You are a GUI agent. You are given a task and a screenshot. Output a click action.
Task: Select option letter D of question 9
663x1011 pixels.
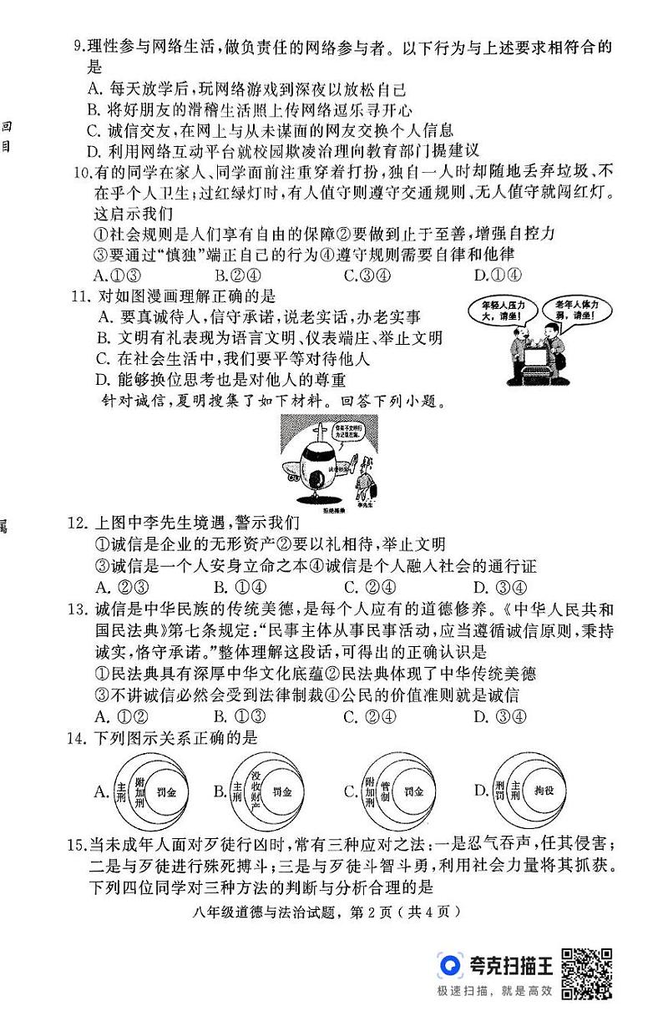click(93, 150)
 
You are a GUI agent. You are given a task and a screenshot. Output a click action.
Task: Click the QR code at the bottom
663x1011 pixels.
click(586, 973)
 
